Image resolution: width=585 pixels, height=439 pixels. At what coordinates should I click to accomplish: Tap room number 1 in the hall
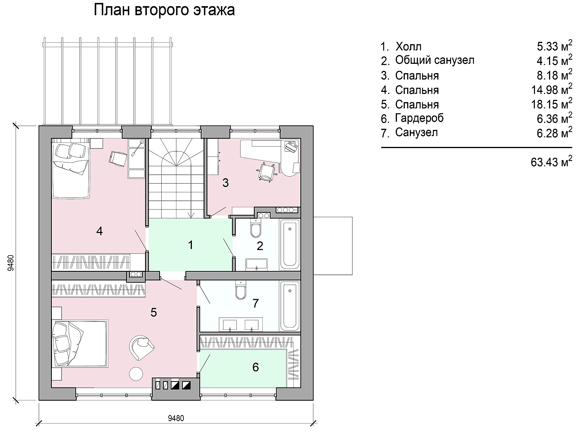(x=191, y=245)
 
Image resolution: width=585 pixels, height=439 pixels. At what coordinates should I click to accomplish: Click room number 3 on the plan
(x=226, y=183)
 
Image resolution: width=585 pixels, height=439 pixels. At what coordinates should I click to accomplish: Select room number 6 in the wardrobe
(x=256, y=367)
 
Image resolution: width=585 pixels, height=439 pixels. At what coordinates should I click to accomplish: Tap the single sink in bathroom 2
(x=257, y=264)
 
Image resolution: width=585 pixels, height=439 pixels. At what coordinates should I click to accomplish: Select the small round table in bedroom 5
(x=136, y=374)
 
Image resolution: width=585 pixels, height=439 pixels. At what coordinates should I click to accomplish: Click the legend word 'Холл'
(x=408, y=47)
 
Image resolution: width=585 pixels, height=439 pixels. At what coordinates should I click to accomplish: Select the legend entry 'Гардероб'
(x=419, y=118)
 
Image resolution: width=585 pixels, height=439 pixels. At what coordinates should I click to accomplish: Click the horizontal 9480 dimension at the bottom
(x=176, y=418)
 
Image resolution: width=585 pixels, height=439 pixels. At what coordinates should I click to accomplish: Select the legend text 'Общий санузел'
(x=435, y=60)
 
